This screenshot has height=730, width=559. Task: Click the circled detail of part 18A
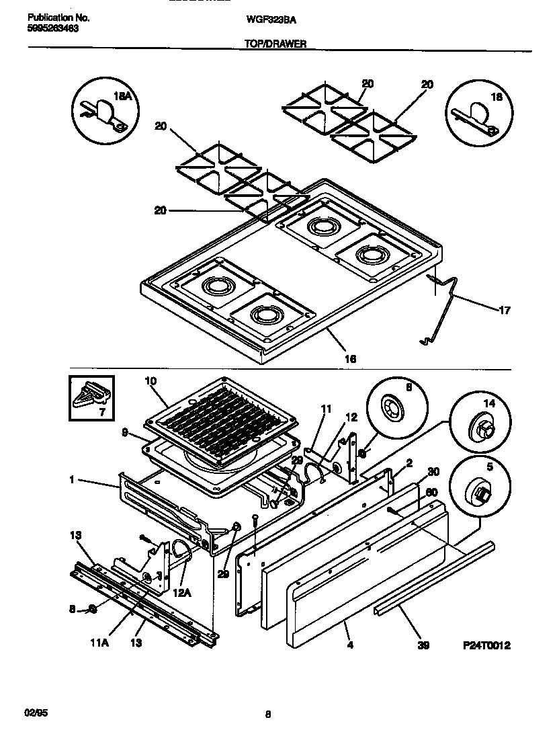103,112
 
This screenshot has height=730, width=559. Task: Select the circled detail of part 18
476,112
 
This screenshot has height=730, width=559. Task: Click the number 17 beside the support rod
504,311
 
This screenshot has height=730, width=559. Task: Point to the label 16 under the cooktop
349,359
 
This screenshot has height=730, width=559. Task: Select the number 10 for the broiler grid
150,381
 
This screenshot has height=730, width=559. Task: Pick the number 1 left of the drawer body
71,481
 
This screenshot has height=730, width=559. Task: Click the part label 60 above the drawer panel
433,490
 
